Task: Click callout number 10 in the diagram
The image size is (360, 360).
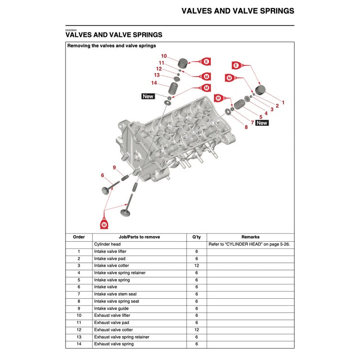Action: point(164,56)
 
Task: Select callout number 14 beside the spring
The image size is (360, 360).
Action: point(154,83)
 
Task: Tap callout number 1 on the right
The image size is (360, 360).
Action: point(283,102)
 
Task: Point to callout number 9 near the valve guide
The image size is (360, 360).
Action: point(114,167)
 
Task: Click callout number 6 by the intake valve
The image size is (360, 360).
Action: point(102,175)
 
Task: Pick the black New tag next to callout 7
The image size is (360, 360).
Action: point(262,123)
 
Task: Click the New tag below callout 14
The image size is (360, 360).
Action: point(148,96)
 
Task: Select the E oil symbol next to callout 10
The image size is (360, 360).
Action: point(206,61)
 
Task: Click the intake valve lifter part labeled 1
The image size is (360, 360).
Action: point(261,90)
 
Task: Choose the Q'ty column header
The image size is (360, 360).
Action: point(196,237)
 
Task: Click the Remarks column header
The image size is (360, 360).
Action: point(250,237)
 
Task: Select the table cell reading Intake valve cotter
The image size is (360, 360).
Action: point(112,266)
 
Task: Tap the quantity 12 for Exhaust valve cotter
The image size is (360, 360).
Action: point(196,330)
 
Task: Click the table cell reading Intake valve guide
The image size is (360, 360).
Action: point(112,308)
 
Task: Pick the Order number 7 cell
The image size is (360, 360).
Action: point(79,294)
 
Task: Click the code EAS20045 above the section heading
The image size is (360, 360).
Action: point(71,30)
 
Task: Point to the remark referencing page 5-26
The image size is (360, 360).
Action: point(249,244)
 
